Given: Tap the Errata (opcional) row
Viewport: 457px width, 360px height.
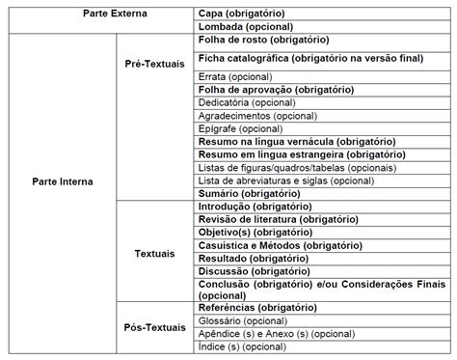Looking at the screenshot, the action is tap(233, 74).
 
